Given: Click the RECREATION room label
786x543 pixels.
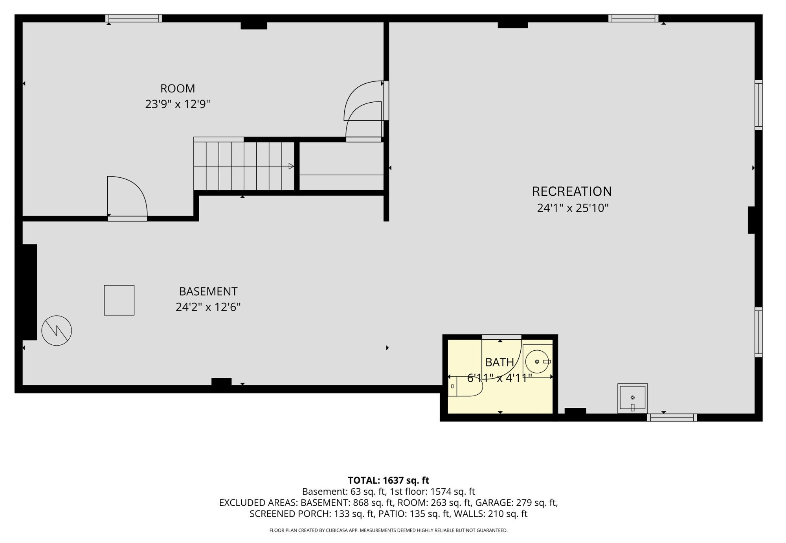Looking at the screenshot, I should click(x=571, y=191).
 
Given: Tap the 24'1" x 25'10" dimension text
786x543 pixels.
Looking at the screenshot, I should click(x=573, y=208).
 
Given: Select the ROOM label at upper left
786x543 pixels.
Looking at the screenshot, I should click(x=177, y=88).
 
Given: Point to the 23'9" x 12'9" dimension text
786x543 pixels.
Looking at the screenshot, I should click(x=178, y=104).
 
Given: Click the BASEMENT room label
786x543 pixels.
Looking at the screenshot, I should click(x=208, y=291).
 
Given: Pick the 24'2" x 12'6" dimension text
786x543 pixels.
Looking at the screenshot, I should click(x=208, y=307).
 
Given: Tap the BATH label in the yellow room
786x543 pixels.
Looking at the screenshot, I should click(x=499, y=362).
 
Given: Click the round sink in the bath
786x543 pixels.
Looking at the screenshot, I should click(x=537, y=361).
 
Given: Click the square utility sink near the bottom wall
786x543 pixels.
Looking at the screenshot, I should click(x=632, y=398).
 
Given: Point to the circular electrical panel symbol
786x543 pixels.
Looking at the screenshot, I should click(x=57, y=331).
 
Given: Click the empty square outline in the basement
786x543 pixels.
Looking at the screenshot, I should click(x=119, y=300).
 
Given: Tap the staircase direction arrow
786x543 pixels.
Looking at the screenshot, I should click(x=291, y=166).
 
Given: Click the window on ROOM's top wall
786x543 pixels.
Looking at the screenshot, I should click(x=134, y=18).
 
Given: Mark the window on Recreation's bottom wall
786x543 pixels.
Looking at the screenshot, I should click(x=672, y=417).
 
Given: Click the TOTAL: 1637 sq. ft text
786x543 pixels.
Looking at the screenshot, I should click(x=388, y=480).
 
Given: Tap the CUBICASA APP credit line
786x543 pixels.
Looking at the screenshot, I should click(x=388, y=530).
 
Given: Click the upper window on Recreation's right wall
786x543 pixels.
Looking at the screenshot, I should click(x=758, y=105).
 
